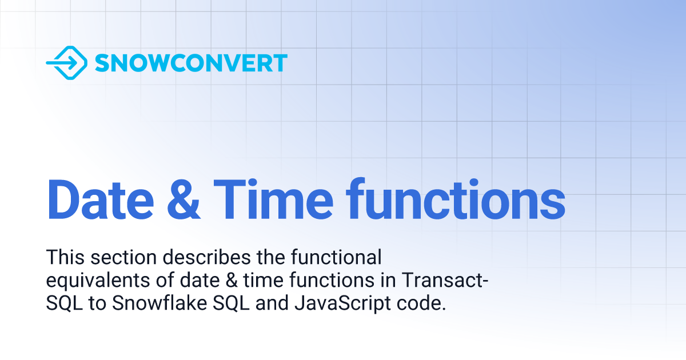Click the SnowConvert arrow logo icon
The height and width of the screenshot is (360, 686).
pyautogui.click(x=66, y=63)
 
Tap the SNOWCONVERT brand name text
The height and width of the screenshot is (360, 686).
pyautogui.click(x=191, y=63)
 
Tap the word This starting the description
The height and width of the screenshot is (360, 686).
pyautogui.click(x=63, y=258)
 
